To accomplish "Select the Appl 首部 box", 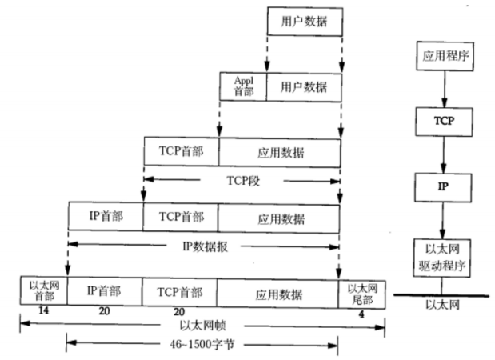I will (x=243, y=86).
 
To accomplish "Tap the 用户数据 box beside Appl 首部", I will (x=304, y=86).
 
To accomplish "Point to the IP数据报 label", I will (x=203, y=245).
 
